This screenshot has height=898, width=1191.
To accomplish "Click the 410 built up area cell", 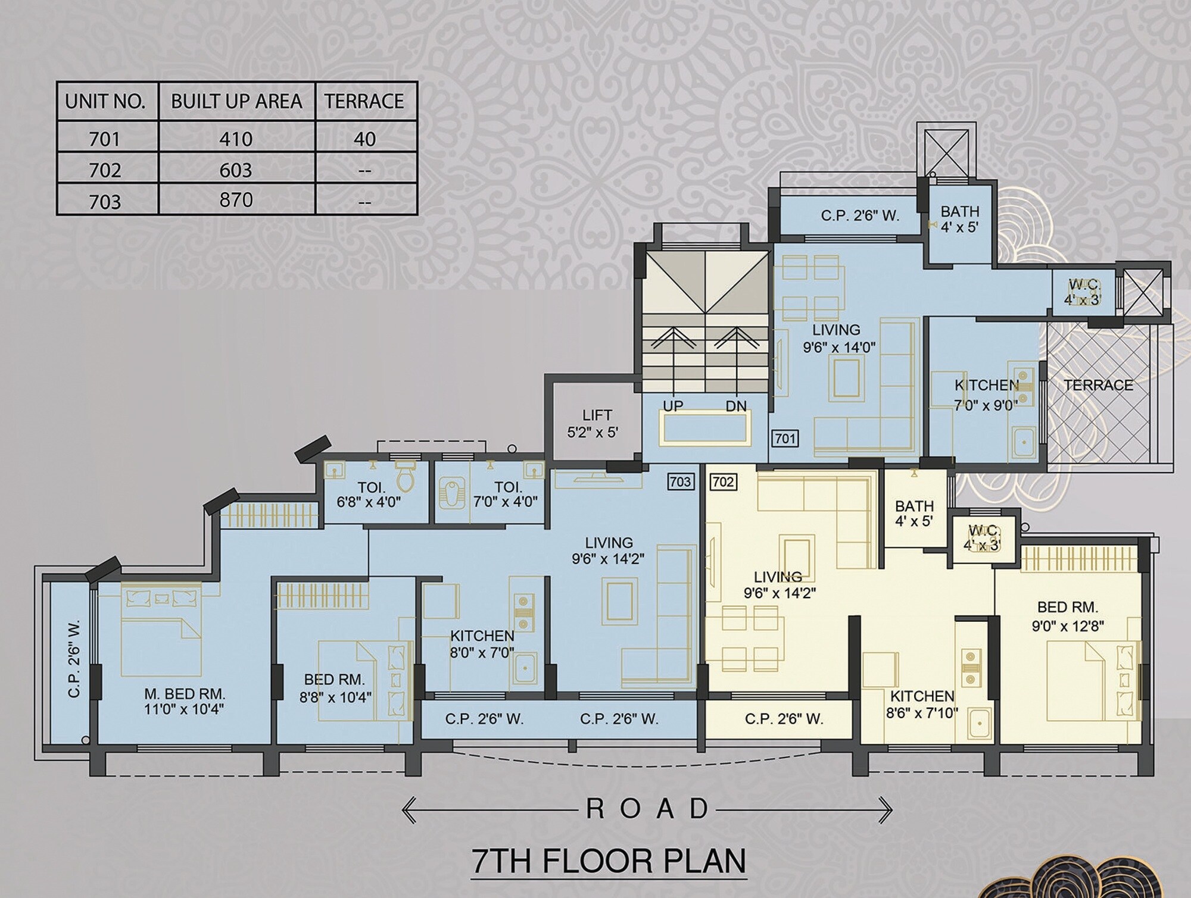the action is [236, 139].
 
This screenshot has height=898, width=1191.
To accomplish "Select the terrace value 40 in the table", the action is [364, 139].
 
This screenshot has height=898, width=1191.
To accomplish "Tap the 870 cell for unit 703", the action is [236, 200].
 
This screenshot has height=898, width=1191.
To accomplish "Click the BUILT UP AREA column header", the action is [236, 101].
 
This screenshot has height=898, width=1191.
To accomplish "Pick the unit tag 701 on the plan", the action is [785, 439].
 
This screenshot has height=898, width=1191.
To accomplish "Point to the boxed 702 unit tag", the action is [723, 481].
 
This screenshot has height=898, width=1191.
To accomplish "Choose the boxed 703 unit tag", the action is [681, 481].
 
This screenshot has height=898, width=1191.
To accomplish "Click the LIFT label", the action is [597, 415].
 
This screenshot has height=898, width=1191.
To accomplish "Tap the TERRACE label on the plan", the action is [1099, 385].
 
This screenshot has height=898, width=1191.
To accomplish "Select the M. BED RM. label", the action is [185, 694].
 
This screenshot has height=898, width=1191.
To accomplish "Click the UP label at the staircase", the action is [673, 406].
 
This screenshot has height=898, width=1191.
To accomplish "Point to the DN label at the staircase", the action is [736, 406].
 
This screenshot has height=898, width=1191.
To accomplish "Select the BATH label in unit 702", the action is [914, 506].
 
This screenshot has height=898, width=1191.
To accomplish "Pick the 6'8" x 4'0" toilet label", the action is [369, 502].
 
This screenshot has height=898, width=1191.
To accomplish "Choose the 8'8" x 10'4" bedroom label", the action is [335, 697].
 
